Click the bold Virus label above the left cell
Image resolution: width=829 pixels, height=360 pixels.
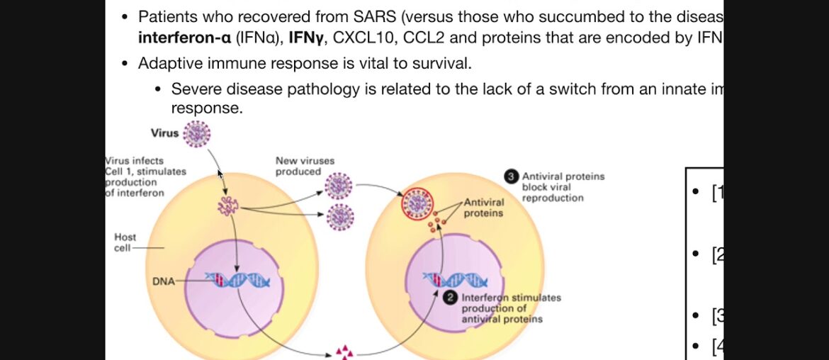pyautogui.click(x=164, y=133)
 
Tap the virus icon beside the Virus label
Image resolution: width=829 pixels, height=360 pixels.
pyautogui.click(x=197, y=133)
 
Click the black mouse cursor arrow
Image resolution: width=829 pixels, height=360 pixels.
pyautogui.click(x=220, y=173)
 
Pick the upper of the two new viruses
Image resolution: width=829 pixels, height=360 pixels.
pyautogui.click(x=339, y=187)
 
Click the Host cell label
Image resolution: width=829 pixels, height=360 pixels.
pyautogui.click(x=125, y=242)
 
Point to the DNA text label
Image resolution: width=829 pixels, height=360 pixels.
pyautogui.click(x=163, y=281)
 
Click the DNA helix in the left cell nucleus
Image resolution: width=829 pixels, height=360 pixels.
pyautogui.click(x=237, y=281)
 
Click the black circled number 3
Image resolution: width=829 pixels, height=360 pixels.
pyautogui.click(x=511, y=176)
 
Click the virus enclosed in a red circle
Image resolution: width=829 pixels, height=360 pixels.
pyautogui.click(x=417, y=203)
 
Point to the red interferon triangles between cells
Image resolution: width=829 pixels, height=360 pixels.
pyautogui.click(x=344, y=351)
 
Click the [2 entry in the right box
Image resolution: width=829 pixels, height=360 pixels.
pyautogui.click(x=716, y=254)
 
